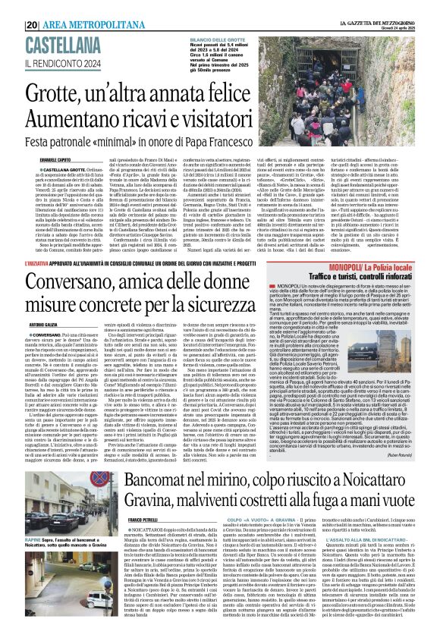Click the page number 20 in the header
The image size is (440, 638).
[32, 6]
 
